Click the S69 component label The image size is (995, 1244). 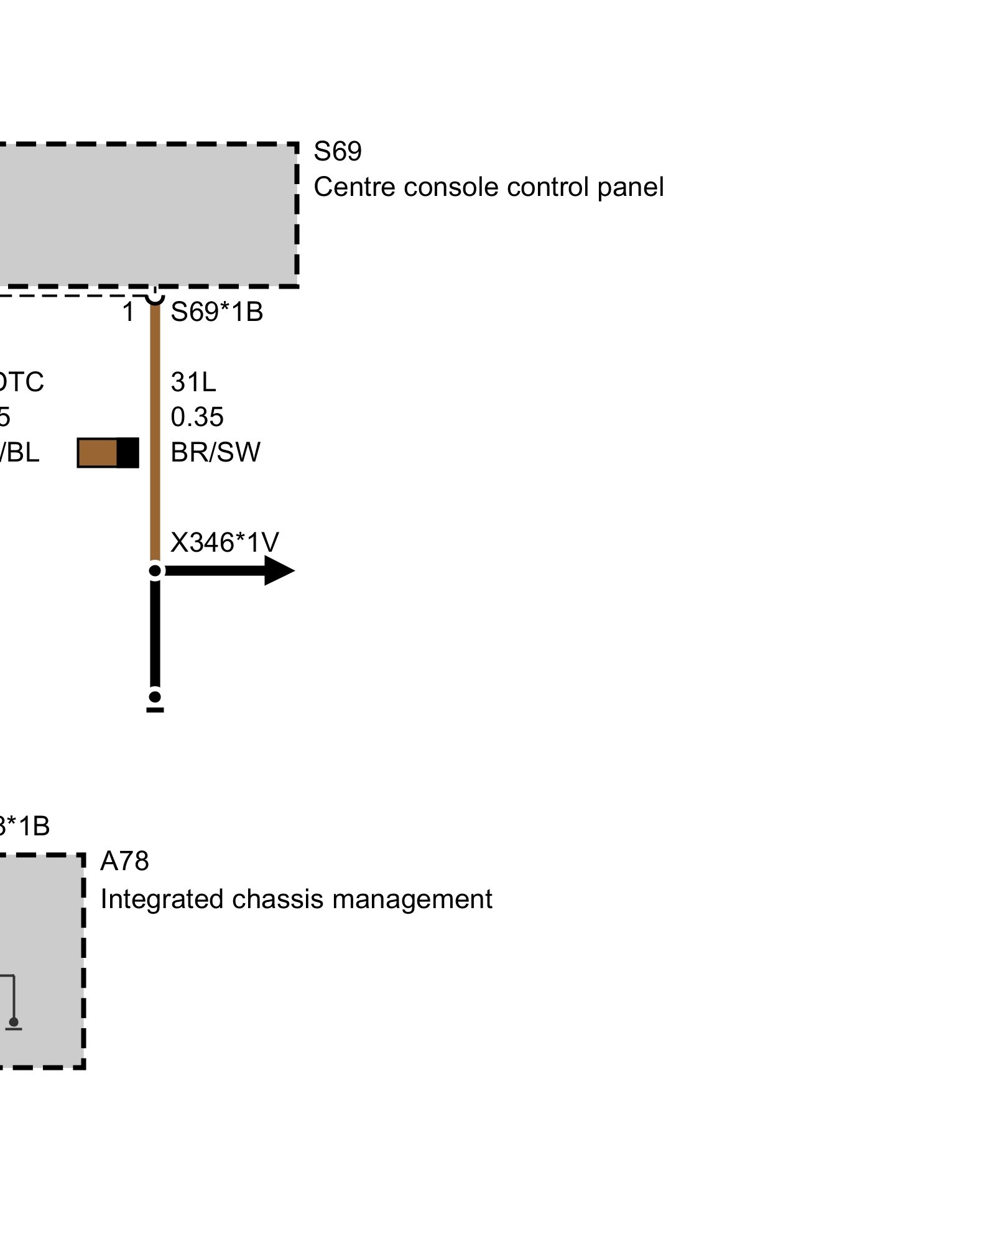337,151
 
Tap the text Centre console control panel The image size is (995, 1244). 488,187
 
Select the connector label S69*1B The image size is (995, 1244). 216,312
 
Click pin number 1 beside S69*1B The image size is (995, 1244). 128,312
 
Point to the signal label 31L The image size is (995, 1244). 193,382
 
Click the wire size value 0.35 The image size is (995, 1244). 197,417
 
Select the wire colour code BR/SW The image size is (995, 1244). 215,452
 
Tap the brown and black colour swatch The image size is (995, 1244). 108,453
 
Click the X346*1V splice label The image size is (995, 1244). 224,542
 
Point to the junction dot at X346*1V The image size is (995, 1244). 155,570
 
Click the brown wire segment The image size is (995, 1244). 155,435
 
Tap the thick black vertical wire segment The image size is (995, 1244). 155,634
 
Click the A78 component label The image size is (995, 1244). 124,861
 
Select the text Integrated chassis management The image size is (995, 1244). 296,899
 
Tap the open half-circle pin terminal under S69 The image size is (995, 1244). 155,297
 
